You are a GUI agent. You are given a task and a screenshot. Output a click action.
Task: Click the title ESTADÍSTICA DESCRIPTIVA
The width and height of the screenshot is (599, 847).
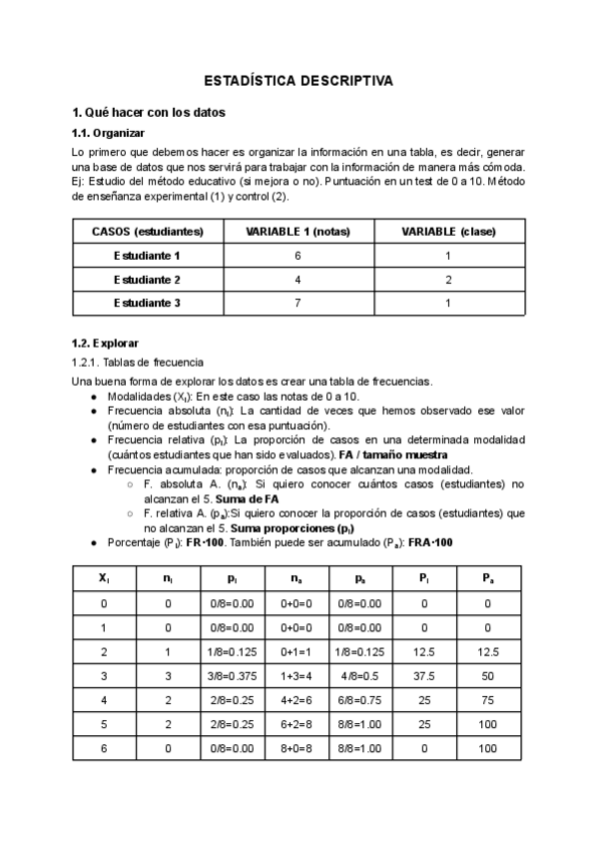[x=299, y=79]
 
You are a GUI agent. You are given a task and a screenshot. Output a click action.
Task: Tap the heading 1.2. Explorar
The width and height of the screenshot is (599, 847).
[x=106, y=343]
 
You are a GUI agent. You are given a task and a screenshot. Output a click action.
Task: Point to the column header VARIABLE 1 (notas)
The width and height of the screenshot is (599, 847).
[x=298, y=232]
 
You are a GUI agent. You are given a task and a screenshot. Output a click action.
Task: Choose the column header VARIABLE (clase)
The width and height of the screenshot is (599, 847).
[x=448, y=232]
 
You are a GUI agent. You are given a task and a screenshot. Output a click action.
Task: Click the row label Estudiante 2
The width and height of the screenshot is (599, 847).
[x=148, y=279]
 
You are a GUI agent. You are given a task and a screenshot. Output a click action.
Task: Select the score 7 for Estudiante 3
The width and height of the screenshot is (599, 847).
[x=298, y=302]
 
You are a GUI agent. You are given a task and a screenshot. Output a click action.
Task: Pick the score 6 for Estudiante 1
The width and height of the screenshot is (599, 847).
[x=298, y=256]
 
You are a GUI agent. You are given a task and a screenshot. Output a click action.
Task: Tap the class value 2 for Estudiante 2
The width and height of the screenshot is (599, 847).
[x=448, y=279]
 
